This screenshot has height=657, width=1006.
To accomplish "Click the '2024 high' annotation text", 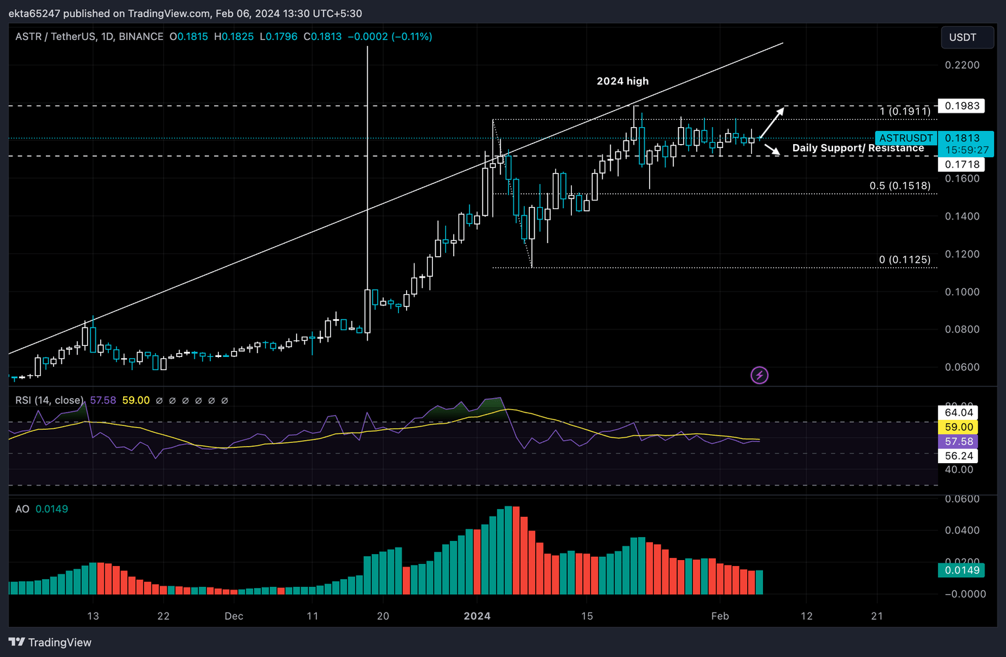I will [x=622, y=81].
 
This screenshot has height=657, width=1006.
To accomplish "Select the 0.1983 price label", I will [x=961, y=105].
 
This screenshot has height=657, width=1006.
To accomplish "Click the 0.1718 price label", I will [x=961, y=164].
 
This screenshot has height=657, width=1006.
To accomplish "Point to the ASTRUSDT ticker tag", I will [x=906, y=138].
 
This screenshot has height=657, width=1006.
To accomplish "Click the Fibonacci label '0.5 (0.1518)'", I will [x=899, y=186].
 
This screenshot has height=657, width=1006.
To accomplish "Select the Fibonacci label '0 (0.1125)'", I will [x=904, y=260].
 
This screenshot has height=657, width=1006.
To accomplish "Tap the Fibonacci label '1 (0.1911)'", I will [x=904, y=111].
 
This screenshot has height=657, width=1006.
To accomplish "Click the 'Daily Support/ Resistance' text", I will [x=857, y=148].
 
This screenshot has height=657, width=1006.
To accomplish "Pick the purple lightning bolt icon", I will [x=759, y=375].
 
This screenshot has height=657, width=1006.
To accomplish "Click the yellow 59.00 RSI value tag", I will [x=959, y=427].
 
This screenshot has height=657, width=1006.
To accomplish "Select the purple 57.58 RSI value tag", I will [x=959, y=441].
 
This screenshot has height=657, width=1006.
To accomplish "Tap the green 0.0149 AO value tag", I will [x=961, y=570].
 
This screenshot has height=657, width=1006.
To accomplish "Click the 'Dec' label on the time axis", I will [x=234, y=616].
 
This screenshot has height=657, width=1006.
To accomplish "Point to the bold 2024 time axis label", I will [x=477, y=616].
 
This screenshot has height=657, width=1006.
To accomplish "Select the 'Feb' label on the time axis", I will [x=720, y=616].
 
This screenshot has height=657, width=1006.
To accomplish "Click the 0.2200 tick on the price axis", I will [x=961, y=65].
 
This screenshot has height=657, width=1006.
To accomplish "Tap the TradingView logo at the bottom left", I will [x=50, y=642].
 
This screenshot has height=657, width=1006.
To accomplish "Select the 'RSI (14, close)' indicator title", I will [x=49, y=400].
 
